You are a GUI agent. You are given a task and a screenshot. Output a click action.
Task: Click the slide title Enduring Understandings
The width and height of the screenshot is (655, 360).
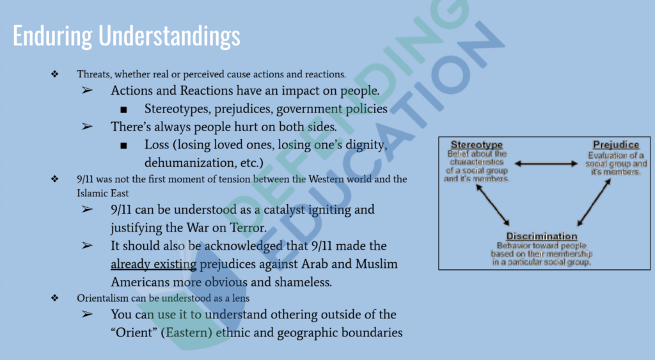126,36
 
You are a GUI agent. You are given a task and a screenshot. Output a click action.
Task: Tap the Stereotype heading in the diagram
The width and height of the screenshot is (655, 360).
477,145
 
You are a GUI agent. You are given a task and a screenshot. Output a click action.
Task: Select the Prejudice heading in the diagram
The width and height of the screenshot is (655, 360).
616,145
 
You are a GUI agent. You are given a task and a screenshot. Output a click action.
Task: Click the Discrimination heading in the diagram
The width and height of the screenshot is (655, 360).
541,236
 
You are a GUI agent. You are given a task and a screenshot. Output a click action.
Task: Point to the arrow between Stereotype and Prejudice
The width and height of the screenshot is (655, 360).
546,164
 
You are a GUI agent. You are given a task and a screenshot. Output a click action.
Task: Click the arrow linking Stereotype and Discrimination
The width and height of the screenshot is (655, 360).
493,205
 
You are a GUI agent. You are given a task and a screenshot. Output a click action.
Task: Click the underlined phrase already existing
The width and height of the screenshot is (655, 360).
154,264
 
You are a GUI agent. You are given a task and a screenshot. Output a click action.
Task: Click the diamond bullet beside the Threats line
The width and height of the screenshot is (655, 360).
55,74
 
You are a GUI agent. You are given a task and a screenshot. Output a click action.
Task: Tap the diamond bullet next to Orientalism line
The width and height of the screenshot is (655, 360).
55,298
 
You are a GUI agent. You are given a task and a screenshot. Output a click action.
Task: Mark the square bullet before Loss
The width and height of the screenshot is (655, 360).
123,146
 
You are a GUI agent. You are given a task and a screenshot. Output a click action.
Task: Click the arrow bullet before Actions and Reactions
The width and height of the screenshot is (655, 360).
87,90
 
